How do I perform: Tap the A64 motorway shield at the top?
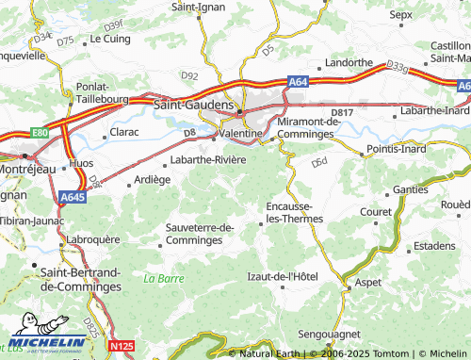[298, 82]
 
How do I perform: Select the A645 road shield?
[72, 197]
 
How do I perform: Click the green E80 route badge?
[39, 133]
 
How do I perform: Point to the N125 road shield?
[120, 347]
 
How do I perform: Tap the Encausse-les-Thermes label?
[295, 212]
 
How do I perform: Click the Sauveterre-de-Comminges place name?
[199, 234]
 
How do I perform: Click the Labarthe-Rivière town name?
[207, 159]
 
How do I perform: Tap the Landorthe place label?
[348, 63]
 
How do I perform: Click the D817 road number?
[341, 112]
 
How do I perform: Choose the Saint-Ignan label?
[196, 7]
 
